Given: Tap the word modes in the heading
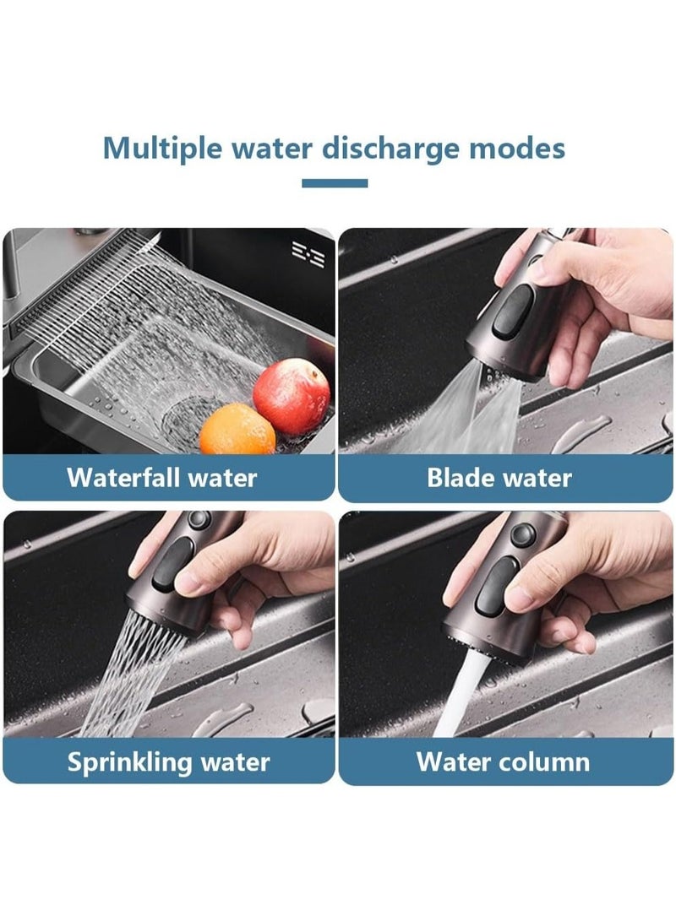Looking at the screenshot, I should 515,149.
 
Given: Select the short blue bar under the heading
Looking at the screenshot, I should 335,183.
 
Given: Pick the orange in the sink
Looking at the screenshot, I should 237,430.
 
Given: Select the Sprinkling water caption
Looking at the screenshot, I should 169,762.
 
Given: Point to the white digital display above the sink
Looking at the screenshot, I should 308,253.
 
